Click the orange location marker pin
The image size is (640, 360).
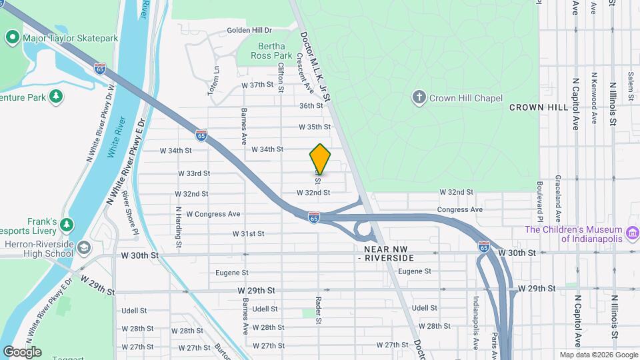click(320, 159)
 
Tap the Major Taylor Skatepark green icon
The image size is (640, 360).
click(12, 38)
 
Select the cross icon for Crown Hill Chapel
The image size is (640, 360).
click(419, 98)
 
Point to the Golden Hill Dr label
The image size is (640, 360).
click(249, 30)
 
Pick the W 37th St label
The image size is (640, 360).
click(257, 85)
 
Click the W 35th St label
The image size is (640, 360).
click(315, 127)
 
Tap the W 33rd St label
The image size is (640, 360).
click(194, 173)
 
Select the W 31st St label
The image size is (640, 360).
click(248, 234)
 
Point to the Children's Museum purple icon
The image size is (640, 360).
click(633, 233)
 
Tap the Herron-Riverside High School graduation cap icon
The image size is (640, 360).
click(83, 248)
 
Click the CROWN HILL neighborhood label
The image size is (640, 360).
click(538, 107)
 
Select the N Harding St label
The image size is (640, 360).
click(179, 223)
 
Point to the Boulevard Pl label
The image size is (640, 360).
click(539, 203)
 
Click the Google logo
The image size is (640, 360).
click(22, 352)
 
